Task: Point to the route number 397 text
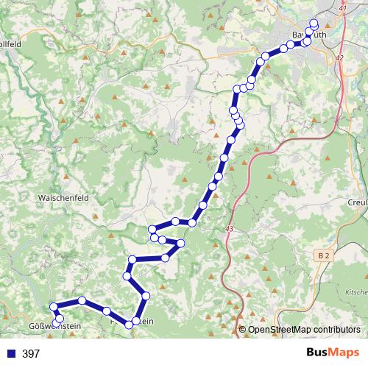click(31, 354)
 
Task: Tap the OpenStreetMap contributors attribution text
click(305, 329)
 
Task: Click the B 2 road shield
click(324, 255)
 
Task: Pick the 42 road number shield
click(339, 57)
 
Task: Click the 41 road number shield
click(342, 7)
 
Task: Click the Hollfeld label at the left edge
click(10, 44)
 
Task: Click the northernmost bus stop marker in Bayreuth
click(314, 22)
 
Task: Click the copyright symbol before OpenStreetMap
click(244, 329)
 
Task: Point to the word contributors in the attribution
click(335, 329)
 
